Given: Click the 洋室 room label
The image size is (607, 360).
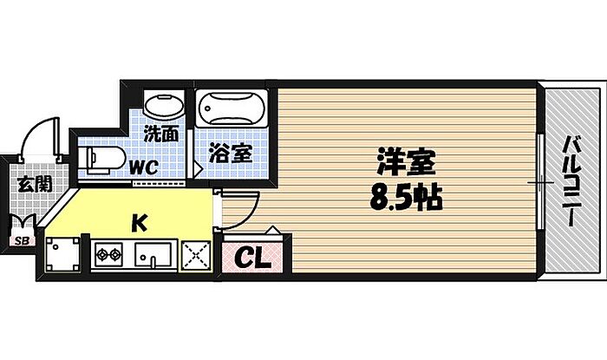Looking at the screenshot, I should tap(406, 162).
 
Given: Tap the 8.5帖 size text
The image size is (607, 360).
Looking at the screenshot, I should tap(406, 200).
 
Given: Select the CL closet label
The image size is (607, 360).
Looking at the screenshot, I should tap(254, 257).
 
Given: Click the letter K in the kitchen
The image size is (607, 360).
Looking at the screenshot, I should tap(139, 223).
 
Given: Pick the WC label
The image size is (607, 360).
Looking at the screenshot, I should tap(143, 165).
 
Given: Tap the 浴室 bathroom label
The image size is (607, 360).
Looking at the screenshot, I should tap(232, 154).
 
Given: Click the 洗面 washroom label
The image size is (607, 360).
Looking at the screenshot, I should tap(161, 134).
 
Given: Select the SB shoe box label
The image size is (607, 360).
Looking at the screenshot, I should tap(20, 242).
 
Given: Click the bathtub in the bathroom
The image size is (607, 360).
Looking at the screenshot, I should tap(228, 110).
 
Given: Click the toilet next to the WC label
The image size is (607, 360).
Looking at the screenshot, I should tap(98, 160).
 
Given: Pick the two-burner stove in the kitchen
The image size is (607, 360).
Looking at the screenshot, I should tap(110, 256).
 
